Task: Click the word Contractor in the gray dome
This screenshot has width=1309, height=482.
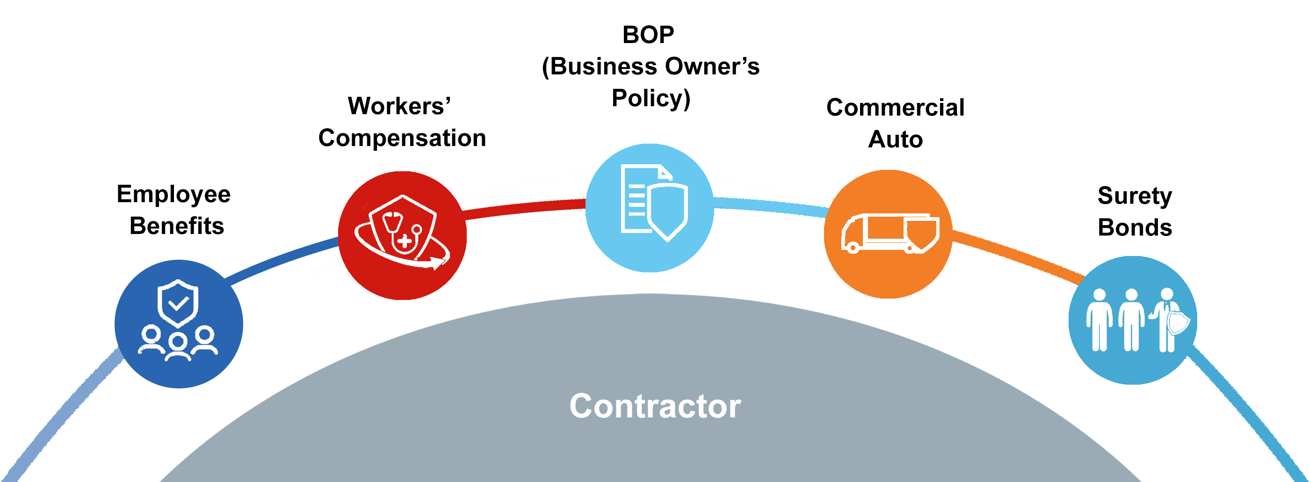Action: point(655,406)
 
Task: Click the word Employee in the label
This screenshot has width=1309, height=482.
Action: point(174,194)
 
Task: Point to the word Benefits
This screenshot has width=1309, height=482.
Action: point(177,226)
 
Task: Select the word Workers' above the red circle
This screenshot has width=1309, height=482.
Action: point(399,106)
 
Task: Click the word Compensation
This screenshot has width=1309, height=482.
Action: point(402,138)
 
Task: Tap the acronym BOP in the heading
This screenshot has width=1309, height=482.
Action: point(648,35)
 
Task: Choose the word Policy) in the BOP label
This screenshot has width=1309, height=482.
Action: point(651,98)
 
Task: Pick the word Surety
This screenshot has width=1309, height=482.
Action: point(1134,196)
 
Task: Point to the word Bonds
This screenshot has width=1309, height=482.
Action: point(1134,227)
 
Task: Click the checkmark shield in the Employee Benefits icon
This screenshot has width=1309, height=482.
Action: point(177,303)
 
